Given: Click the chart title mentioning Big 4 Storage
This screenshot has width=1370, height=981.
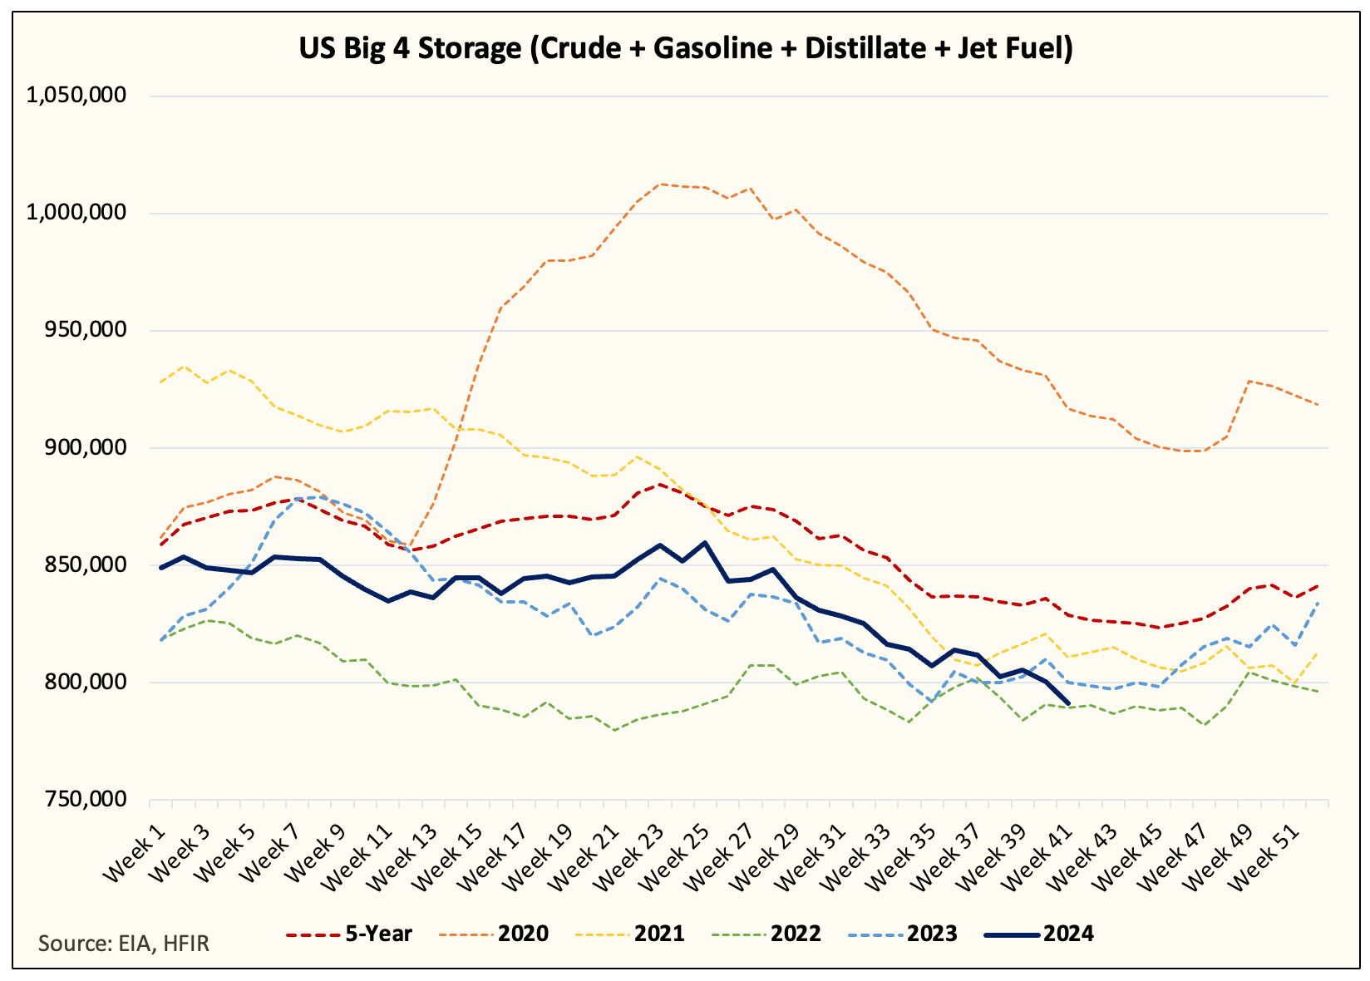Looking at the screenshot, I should (686, 48).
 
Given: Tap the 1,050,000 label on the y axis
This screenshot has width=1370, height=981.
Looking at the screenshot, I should (76, 96).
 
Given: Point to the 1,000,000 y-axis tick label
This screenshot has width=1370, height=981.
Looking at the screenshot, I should (76, 213).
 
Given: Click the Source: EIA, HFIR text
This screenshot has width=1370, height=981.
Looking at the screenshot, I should (124, 944).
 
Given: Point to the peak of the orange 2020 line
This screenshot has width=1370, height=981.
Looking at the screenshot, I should (660, 184).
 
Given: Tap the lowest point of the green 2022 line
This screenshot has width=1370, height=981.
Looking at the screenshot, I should (614, 730).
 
